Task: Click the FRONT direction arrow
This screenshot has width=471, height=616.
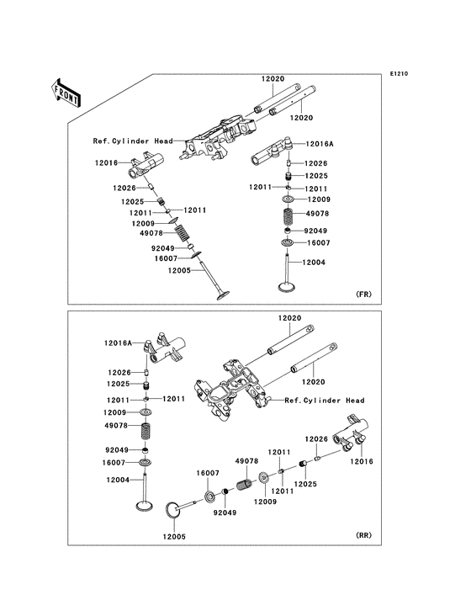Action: (x=66, y=93)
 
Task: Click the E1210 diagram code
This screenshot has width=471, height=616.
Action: (x=399, y=73)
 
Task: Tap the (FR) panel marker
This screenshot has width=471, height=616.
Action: (x=363, y=295)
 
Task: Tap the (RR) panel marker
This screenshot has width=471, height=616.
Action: (x=363, y=535)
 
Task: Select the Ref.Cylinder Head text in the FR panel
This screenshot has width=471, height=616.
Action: (x=133, y=141)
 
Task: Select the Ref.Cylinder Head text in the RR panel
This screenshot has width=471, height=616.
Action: (x=325, y=401)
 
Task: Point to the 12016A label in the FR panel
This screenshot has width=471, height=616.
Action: (x=320, y=144)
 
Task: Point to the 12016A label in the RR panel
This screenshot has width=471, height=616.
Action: (x=118, y=343)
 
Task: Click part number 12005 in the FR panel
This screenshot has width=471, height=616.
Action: (x=179, y=271)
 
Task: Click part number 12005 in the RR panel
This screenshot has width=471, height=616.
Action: (x=174, y=537)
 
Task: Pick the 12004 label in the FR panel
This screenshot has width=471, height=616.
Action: (x=314, y=263)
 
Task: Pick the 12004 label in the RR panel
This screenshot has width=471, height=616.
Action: (x=118, y=480)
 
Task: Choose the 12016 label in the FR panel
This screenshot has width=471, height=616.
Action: (x=106, y=162)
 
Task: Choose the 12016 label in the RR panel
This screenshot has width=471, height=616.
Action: (x=362, y=461)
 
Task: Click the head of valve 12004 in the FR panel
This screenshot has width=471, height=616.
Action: (x=288, y=287)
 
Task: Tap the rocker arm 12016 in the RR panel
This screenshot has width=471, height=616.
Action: (x=351, y=435)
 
